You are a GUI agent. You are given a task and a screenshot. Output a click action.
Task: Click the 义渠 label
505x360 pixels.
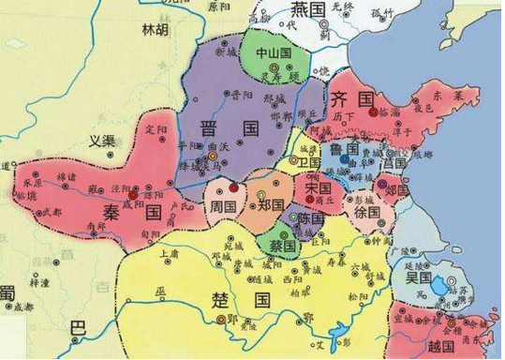pos(101,141)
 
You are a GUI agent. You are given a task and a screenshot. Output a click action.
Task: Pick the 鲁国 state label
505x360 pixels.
pos(344,149)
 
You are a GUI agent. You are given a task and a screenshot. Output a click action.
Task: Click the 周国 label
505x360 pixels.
pos(224,203)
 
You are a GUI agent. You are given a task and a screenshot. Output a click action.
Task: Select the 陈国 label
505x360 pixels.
pos(311,217)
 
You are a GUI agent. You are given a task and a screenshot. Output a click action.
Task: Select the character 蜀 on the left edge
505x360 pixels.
pos(7,293)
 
